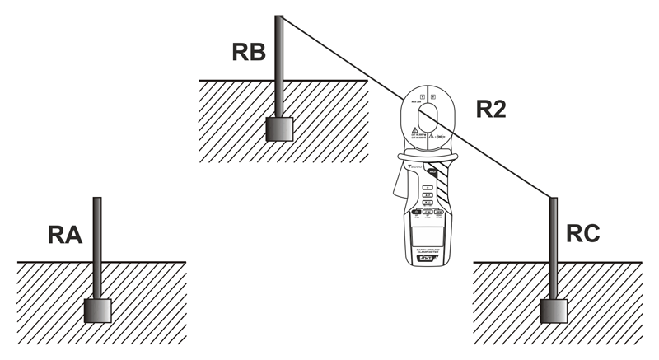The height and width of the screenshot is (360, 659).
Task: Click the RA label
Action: pos(64,236)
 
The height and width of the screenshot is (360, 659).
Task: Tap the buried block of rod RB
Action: pos(279,129)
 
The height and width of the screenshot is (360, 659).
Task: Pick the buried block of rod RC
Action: pos(553,311)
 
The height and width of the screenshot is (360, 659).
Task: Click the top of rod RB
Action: pos(279,18)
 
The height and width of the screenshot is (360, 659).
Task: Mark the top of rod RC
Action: pos(553,200)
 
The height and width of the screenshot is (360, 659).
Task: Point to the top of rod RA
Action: pos(97,200)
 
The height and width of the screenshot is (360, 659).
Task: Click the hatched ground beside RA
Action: pos(49,305)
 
